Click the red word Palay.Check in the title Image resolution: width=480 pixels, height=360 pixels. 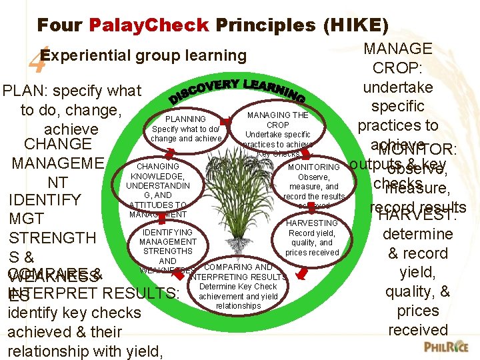(x=149, y=25)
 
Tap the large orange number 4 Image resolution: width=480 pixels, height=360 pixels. (x=37, y=63)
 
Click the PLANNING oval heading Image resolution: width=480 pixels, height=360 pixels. (x=185, y=119)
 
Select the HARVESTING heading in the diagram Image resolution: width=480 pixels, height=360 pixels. (x=312, y=223)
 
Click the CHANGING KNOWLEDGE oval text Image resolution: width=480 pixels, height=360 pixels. (x=157, y=166)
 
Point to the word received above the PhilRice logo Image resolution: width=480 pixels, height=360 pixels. (x=418, y=330)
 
